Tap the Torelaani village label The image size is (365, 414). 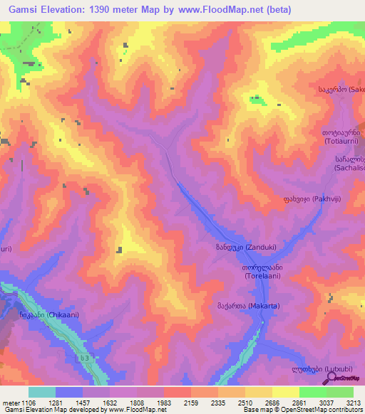click(264, 271)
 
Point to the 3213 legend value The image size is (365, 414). click(353, 402)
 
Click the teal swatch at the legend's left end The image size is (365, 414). click(42, 392)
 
